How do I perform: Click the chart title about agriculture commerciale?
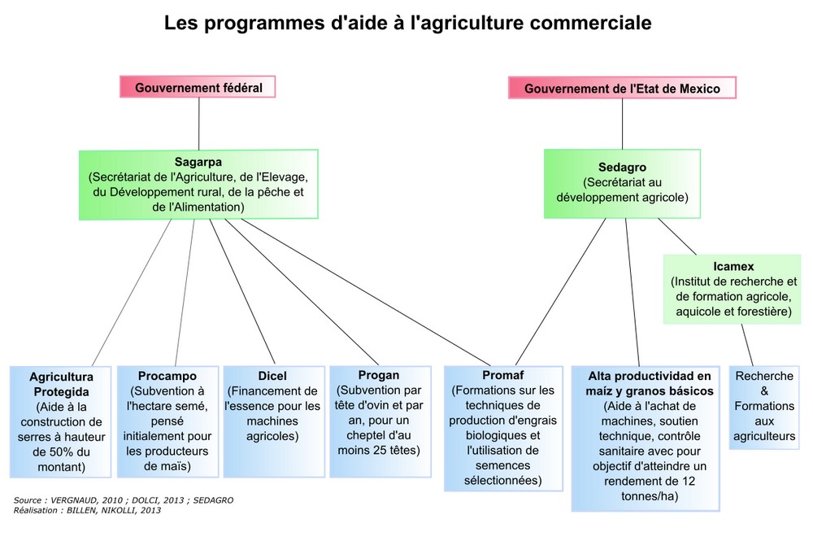[x=407, y=23]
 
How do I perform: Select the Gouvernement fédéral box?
[x=198, y=87]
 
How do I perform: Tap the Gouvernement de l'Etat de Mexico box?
[x=622, y=88]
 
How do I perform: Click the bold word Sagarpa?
[x=198, y=162]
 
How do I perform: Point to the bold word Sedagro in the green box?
[x=622, y=167]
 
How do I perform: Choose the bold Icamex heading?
[x=733, y=266]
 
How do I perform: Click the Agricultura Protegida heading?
[x=61, y=384]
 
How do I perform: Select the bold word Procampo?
[x=167, y=376]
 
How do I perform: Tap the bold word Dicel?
[x=272, y=376]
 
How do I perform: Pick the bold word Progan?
[x=379, y=375]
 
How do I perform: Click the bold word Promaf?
[x=503, y=374]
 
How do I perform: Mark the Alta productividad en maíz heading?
[x=650, y=383]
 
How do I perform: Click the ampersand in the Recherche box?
[x=764, y=390]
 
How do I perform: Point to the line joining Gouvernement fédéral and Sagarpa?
[x=198, y=124]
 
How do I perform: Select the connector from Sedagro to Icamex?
[x=677, y=236]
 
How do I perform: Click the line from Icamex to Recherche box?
[x=747, y=345]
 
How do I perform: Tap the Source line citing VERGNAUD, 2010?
[x=124, y=500]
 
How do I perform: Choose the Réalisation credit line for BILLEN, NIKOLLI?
[x=87, y=510]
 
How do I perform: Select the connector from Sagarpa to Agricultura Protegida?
[x=132, y=293]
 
